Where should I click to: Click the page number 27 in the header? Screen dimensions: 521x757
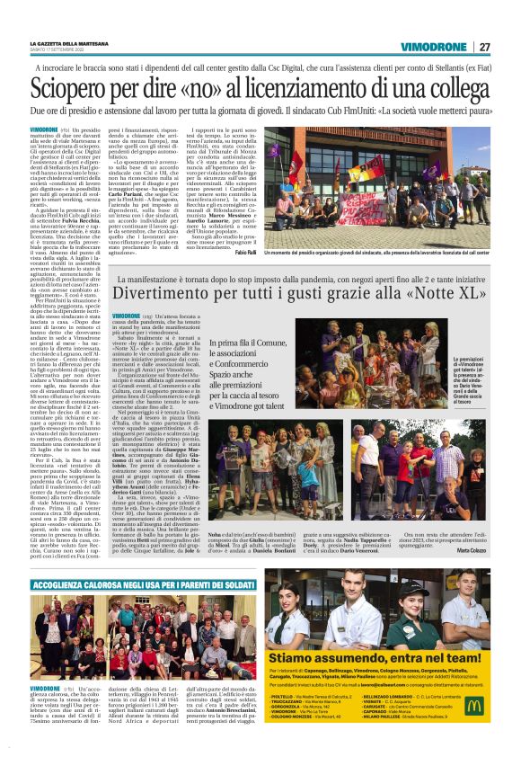(484, 47)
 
